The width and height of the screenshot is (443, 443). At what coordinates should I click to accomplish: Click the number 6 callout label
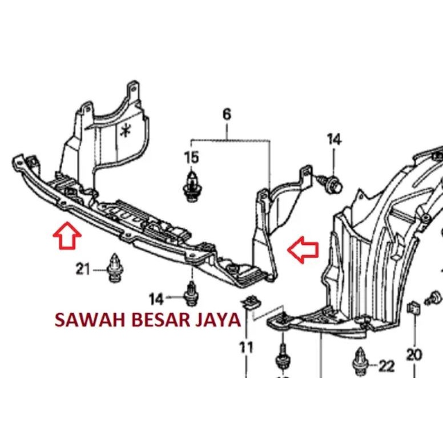point(227,115)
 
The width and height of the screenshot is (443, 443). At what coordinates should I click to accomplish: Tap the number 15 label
point(191,157)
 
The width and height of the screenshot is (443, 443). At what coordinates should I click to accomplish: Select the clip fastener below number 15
point(191,185)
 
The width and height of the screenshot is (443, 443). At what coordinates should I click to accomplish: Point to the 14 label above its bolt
point(334,139)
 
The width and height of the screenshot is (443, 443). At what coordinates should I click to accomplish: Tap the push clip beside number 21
point(116,268)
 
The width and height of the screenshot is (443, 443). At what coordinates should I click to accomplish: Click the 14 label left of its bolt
point(156,298)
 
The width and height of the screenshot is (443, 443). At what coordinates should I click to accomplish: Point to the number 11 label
point(246,345)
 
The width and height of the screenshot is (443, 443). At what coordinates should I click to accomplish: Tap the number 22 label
point(386,366)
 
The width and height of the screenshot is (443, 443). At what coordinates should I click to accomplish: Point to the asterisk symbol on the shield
point(125,131)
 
